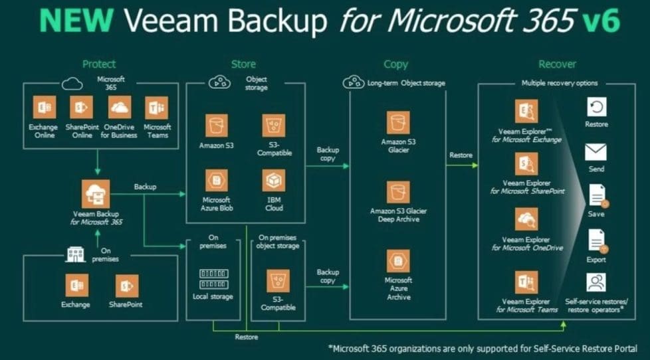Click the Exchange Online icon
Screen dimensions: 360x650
(x=43, y=108)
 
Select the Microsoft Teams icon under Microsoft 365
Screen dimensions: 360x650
(x=156, y=108)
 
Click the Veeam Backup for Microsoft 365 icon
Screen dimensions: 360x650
(x=98, y=193)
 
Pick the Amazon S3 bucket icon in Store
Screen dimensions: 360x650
(x=216, y=125)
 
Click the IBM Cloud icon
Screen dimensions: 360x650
(x=273, y=180)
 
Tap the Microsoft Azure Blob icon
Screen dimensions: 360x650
(x=216, y=180)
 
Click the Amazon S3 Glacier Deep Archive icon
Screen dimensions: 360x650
(x=399, y=193)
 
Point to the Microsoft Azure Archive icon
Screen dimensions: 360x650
(x=399, y=261)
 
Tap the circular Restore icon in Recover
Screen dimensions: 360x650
(x=596, y=108)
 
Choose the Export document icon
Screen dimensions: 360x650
(x=596, y=241)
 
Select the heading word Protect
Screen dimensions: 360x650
(x=99, y=64)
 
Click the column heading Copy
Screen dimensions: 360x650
(x=396, y=64)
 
